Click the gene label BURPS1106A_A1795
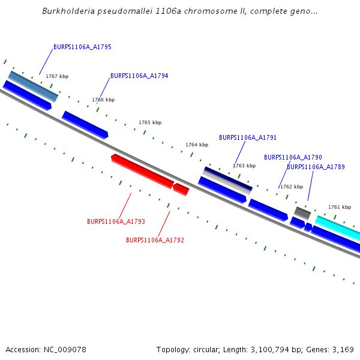pos(82,47)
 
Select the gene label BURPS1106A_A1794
pos(139,76)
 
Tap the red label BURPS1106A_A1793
pos(116,221)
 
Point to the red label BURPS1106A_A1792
pos(155,240)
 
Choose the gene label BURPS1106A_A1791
pos(248,137)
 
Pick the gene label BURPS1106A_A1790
pos(293,157)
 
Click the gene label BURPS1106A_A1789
pos(316,167)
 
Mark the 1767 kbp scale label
pos(57,76)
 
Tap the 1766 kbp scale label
pos(103,100)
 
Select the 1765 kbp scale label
pos(150,122)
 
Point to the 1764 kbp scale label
pos(197,145)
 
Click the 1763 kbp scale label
pos(244,166)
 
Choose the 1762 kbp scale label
pos(292,187)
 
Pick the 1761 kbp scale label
pos(339,207)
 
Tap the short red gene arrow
pos(181,190)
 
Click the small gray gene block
pos(302,212)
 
